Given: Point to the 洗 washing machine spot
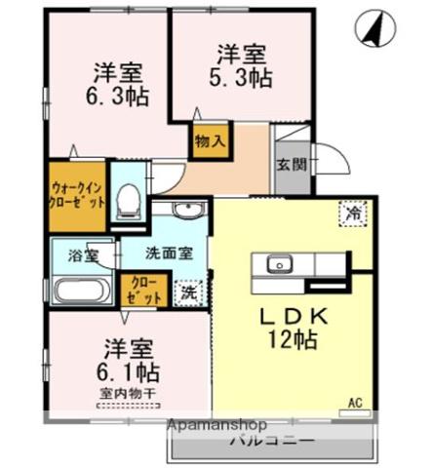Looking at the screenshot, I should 185,290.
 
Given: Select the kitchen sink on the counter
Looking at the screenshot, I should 280,264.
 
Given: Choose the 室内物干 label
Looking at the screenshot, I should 126,393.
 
